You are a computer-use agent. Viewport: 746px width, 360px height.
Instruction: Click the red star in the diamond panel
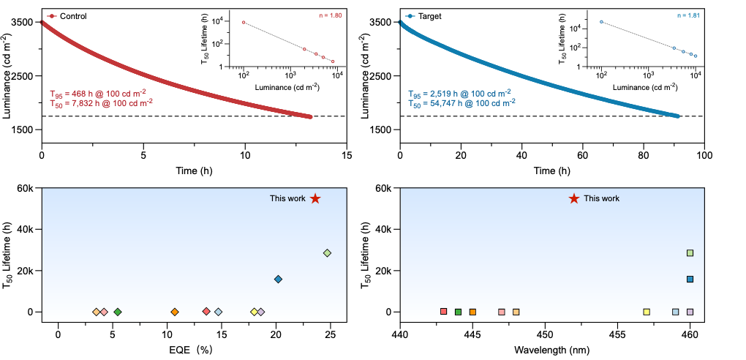(315, 198)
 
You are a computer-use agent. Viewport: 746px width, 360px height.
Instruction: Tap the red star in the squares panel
(574, 198)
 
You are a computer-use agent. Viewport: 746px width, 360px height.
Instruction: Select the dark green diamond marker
(118, 312)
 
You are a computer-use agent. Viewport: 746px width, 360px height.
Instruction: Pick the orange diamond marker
(175, 312)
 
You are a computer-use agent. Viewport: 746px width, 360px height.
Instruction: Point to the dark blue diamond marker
(278, 279)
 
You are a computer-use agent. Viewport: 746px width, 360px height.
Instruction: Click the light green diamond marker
(327, 253)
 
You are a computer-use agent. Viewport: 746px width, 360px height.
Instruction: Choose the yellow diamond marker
(254, 312)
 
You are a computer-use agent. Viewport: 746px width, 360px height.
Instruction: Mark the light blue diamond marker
(218, 312)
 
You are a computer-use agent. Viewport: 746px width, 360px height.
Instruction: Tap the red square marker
(443, 311)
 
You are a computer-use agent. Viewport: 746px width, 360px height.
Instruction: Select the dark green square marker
(458, 312)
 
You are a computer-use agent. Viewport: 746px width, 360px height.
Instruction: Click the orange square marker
(472, 312)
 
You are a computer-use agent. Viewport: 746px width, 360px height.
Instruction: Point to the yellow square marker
(647, 312)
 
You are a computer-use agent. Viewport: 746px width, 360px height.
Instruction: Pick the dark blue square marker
(690, 279)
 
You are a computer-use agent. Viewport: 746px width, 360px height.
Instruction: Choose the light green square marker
(690, 253)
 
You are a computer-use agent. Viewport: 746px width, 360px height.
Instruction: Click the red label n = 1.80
(330, 15)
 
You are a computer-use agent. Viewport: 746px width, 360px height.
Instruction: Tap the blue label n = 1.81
(688, 15)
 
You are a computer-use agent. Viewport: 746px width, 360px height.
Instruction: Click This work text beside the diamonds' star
(287, 198)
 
